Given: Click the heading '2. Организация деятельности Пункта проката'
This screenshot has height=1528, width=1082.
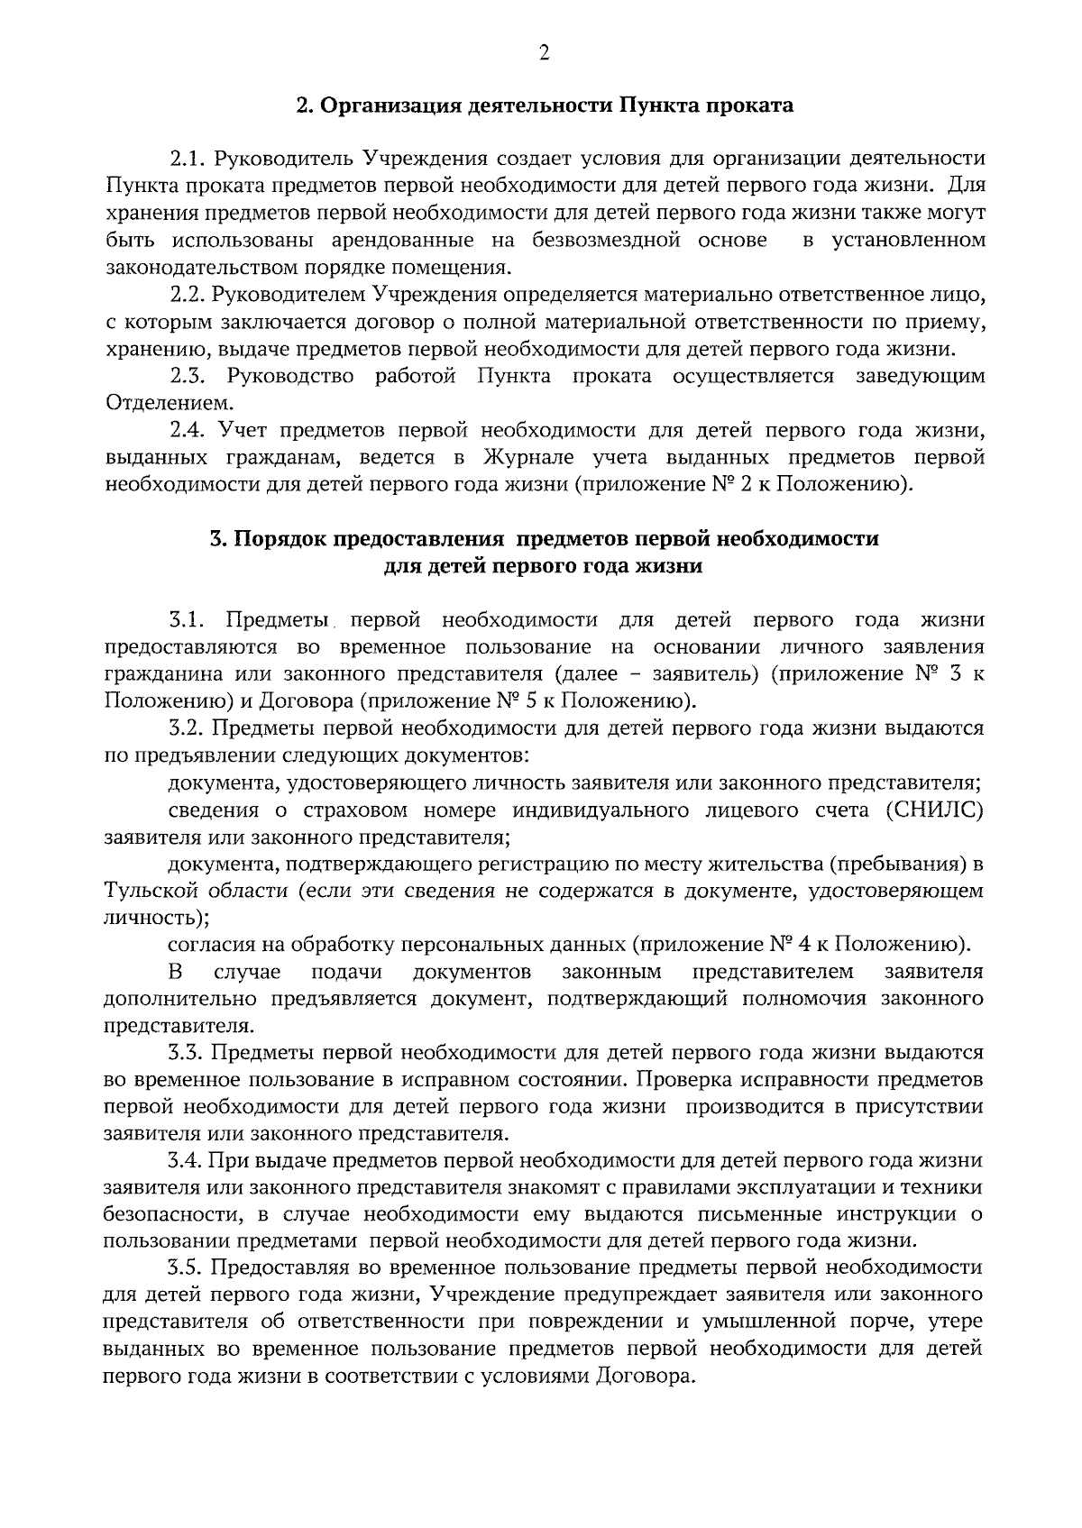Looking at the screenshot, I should [x=546, y=105].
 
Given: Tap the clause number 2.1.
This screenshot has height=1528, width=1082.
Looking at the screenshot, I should [x=188, y=159].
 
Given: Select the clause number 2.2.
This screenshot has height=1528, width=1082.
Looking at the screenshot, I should [x=188, y=294].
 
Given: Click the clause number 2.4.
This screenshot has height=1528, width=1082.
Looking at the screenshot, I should [x=188, y=430].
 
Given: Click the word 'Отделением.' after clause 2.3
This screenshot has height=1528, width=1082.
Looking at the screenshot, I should [x=157, y=403].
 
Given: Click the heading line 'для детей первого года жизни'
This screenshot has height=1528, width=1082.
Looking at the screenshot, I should [x=543, y=566].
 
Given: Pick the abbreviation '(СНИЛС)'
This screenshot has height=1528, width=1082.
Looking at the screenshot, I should [x=936, y=810].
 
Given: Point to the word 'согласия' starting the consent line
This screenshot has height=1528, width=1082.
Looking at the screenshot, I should [x=211, y=945].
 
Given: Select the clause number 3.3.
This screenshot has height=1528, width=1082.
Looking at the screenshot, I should [x=188, y=1053].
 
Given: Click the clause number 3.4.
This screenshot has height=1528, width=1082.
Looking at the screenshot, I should [x=188, y=1160].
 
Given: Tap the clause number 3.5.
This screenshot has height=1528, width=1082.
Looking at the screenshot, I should [x=188, y=1268].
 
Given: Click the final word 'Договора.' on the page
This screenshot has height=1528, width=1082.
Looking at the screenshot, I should [x=645, y=1377].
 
